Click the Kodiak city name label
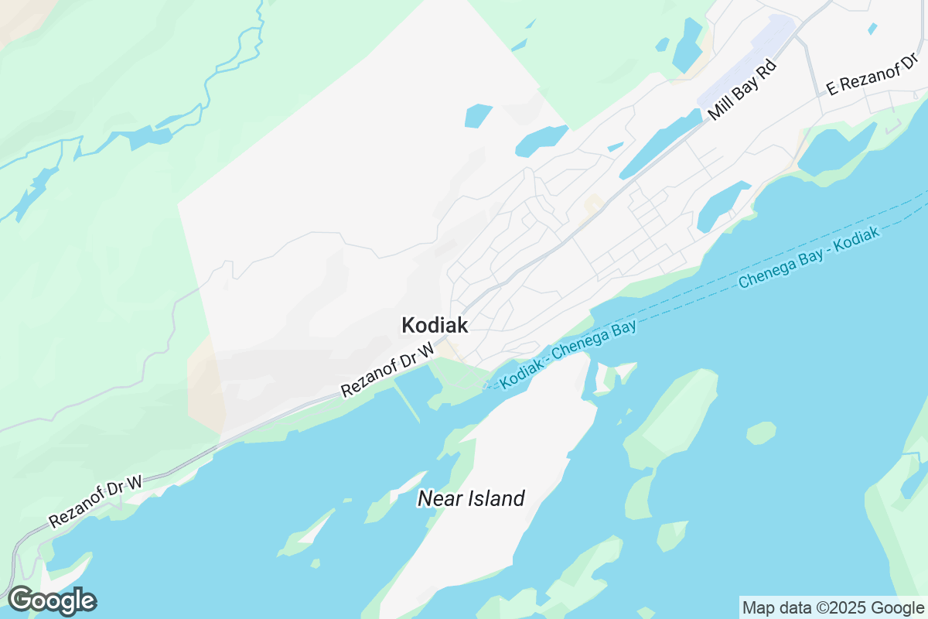point(435,326)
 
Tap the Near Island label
point(471,498)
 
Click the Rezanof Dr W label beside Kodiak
point(388,371)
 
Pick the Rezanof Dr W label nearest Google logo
point(96,502)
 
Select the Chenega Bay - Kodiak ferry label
point(809,259)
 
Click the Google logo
point(52,600)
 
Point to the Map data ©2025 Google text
point(833,607)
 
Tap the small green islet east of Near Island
point(761,433)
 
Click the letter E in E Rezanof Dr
point(832,90)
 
